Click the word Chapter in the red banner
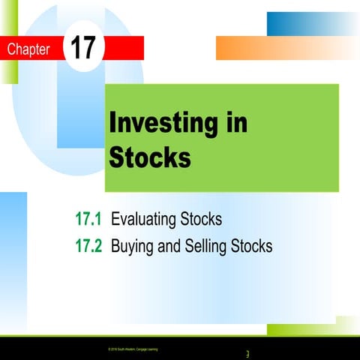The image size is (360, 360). coord(28,50)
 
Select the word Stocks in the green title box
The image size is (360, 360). coord(150,157)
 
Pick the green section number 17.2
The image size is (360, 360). coord(88,245)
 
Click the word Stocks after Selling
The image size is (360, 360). coord(252,245)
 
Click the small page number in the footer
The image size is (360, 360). coord(247,353)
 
